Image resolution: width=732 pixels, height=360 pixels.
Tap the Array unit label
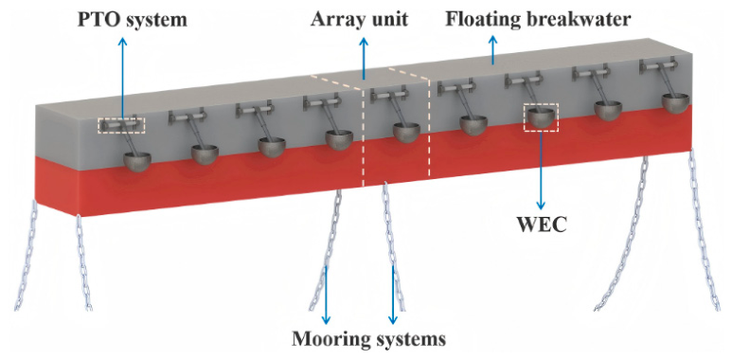click(x=360, y=19)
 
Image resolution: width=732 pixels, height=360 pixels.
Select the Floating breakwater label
click(x=538, y=19)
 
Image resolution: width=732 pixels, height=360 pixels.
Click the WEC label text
click(x=541, y=225)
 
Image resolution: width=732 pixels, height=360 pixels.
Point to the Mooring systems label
click(x=368, y=338)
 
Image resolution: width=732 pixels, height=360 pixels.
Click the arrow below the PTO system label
click(x=123, y=79)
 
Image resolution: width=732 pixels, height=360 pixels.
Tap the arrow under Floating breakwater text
click(x=493, y=50)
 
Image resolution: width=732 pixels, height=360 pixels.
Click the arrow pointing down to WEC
click(x=541, y=170)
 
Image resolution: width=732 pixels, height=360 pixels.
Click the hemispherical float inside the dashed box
click(x=542, y=118)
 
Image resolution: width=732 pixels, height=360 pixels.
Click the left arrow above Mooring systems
click(x=326, y=295)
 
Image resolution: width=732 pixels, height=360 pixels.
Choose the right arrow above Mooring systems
click(x=393, y=295)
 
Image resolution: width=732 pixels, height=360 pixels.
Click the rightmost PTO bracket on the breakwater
click(x=658, y=65)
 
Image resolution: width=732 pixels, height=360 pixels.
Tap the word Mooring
click(x=327, y=339)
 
